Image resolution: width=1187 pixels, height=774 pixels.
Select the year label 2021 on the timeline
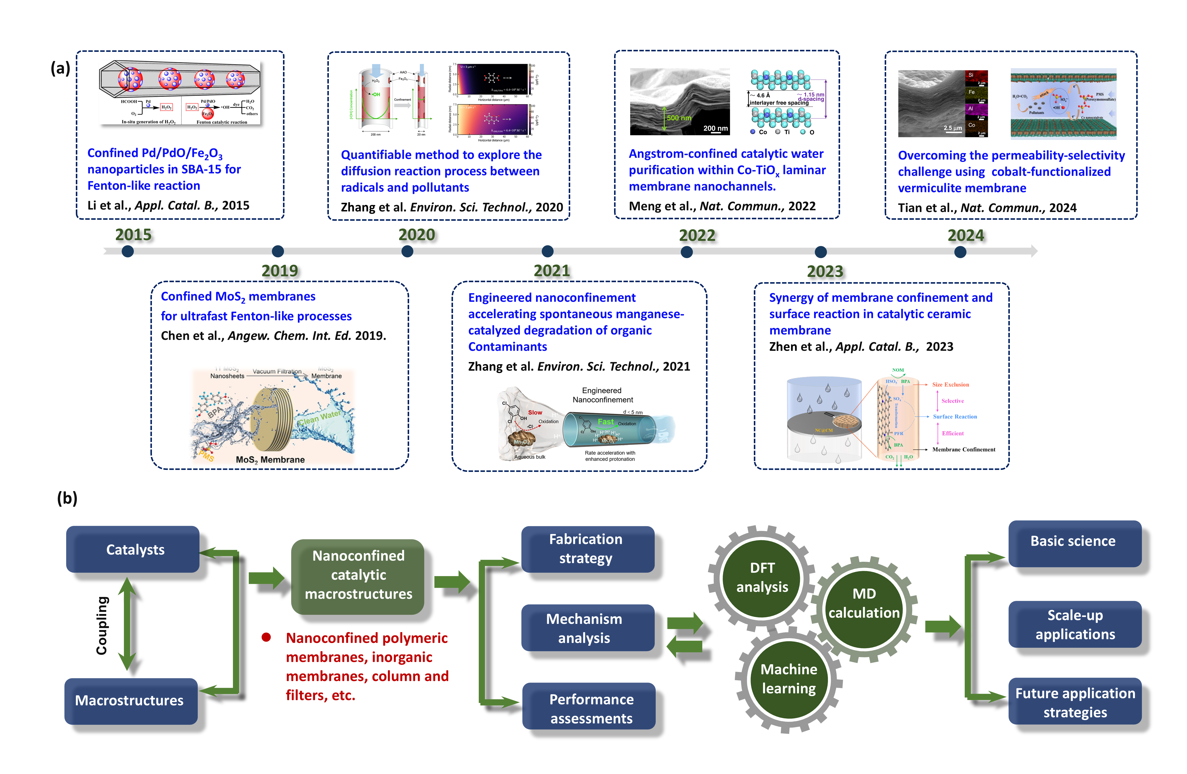[x=552, y=271]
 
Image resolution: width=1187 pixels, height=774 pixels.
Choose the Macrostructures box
[x=131, y=700]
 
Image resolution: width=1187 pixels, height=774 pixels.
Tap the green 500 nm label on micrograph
[x=679, y=118]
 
